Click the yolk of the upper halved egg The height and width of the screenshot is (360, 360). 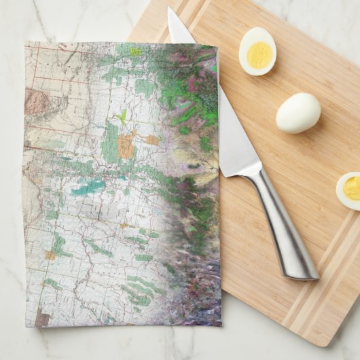pos(259,55)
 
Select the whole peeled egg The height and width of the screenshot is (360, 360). pos(298,112)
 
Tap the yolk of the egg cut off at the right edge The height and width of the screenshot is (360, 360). pos(353,187)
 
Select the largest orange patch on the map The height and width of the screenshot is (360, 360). pos(126,145)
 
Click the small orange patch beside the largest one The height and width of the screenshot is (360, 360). pos(152,140)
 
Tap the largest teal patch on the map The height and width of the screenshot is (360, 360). pos(88,187)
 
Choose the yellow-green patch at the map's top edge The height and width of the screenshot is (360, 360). pos(136,51)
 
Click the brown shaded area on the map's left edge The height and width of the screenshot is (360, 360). pos(38,103)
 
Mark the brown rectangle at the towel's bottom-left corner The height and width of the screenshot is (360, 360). pos(43,317)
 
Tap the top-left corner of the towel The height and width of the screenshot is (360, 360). pos(26,43)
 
